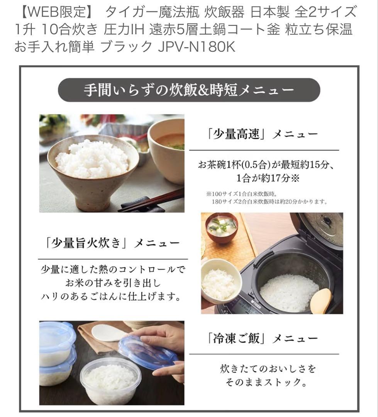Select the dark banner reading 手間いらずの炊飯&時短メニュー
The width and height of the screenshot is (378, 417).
click(189, 90)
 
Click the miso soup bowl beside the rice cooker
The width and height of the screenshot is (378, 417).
click(221, 227)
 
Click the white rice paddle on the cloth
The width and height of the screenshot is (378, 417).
click(109, 332)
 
